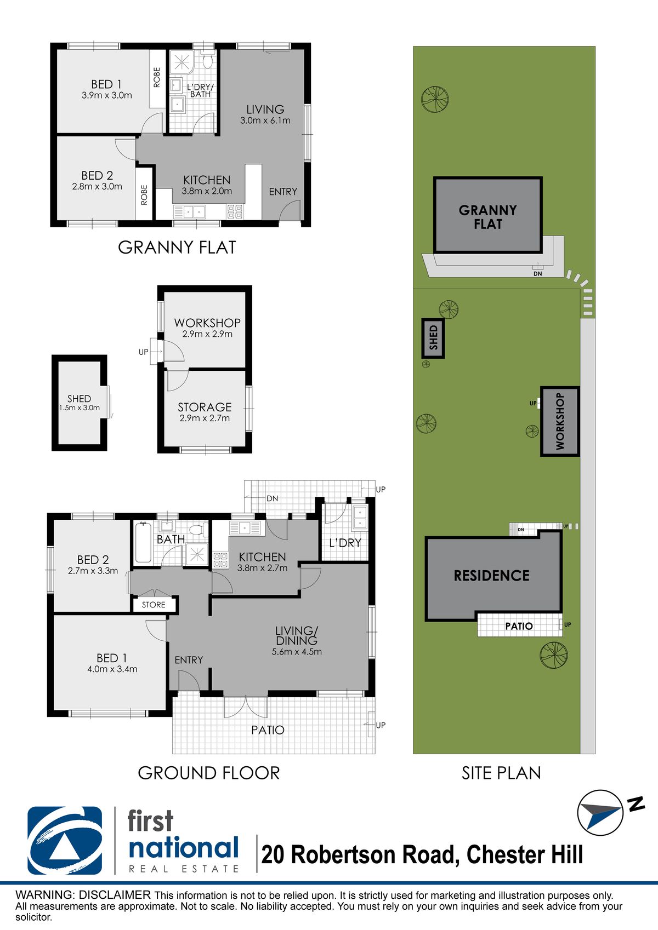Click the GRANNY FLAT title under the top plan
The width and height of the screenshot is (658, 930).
177,248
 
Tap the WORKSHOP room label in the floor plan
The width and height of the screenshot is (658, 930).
207,323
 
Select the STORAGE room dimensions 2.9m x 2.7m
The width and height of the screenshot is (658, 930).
205,418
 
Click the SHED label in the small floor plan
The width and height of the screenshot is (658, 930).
79,399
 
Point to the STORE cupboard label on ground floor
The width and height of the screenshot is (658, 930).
154,605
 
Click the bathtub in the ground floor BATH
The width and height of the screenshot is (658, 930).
143,543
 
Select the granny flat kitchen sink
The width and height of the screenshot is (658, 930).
190,212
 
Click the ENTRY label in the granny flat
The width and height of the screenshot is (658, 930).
283,191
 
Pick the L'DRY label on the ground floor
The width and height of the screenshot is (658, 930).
345,543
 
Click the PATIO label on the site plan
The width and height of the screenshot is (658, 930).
519,625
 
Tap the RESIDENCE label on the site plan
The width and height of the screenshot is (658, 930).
492,576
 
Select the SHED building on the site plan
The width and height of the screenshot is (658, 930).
433,338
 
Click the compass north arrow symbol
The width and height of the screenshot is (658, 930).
600,812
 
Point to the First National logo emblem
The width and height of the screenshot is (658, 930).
65,841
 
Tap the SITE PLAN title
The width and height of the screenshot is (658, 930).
501,773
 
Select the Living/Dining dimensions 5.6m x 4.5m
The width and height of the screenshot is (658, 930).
297,651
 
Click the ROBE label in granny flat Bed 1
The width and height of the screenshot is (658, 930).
157,78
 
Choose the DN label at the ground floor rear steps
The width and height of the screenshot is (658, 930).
273,498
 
